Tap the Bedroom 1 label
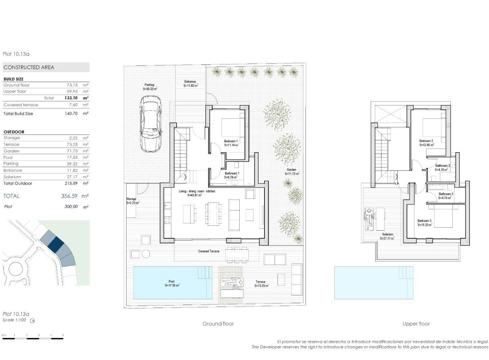coord(231,142)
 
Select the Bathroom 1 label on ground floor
coord(232,173)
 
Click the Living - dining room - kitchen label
coord(197,191)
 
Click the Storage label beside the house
coord(131,199)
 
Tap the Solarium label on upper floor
coord(387,235)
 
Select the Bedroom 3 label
coord(425,221)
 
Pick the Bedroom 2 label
coord(426,141)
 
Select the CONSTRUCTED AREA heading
coord(29,67)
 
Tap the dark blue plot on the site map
coord(55,244)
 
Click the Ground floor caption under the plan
coord(218,324)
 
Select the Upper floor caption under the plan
coord(416,324)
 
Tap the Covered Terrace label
coord(209,251)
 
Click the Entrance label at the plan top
coord(191,82)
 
